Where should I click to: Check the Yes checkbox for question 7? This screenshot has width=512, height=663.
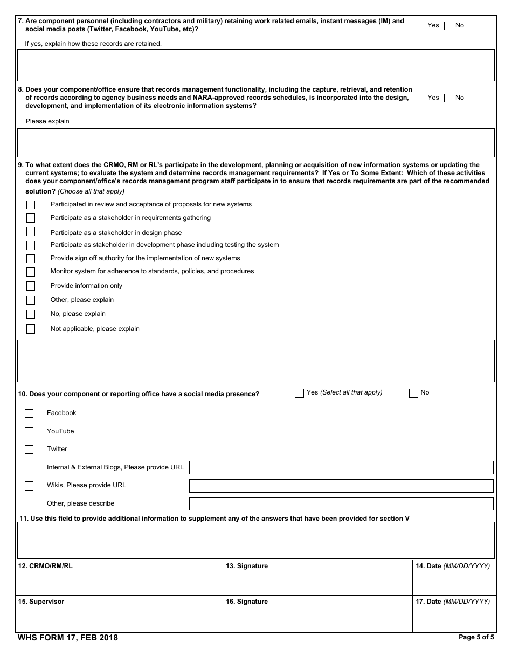[418, 26]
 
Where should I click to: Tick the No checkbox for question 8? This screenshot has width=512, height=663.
[448, 98]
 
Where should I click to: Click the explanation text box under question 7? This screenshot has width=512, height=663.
[255, 65]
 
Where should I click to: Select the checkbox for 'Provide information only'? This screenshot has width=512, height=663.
[31, 286]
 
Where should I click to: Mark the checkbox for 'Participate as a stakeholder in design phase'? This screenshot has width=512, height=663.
[31, 232]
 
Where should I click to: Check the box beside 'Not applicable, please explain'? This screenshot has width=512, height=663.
[31, 329]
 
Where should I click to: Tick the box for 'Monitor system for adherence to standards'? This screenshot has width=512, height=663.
[31, 272]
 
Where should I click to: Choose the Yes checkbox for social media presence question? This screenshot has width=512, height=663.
[299, 393]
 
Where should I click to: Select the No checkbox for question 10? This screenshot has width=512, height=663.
[413, 393]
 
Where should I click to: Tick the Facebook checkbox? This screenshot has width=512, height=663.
[29, 413]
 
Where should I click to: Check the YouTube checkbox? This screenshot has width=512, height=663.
[29, 432]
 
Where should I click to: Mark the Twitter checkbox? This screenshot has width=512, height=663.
[29, 450]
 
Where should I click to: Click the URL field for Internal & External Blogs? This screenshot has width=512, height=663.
[341, 468]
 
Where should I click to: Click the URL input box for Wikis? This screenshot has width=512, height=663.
[341, 486]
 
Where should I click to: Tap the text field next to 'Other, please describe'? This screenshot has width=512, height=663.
[341, 504]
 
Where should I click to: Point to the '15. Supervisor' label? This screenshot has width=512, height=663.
[41, 602]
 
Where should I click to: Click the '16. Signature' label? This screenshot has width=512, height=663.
[247, 602]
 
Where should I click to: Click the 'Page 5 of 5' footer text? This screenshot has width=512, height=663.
[476, 637]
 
